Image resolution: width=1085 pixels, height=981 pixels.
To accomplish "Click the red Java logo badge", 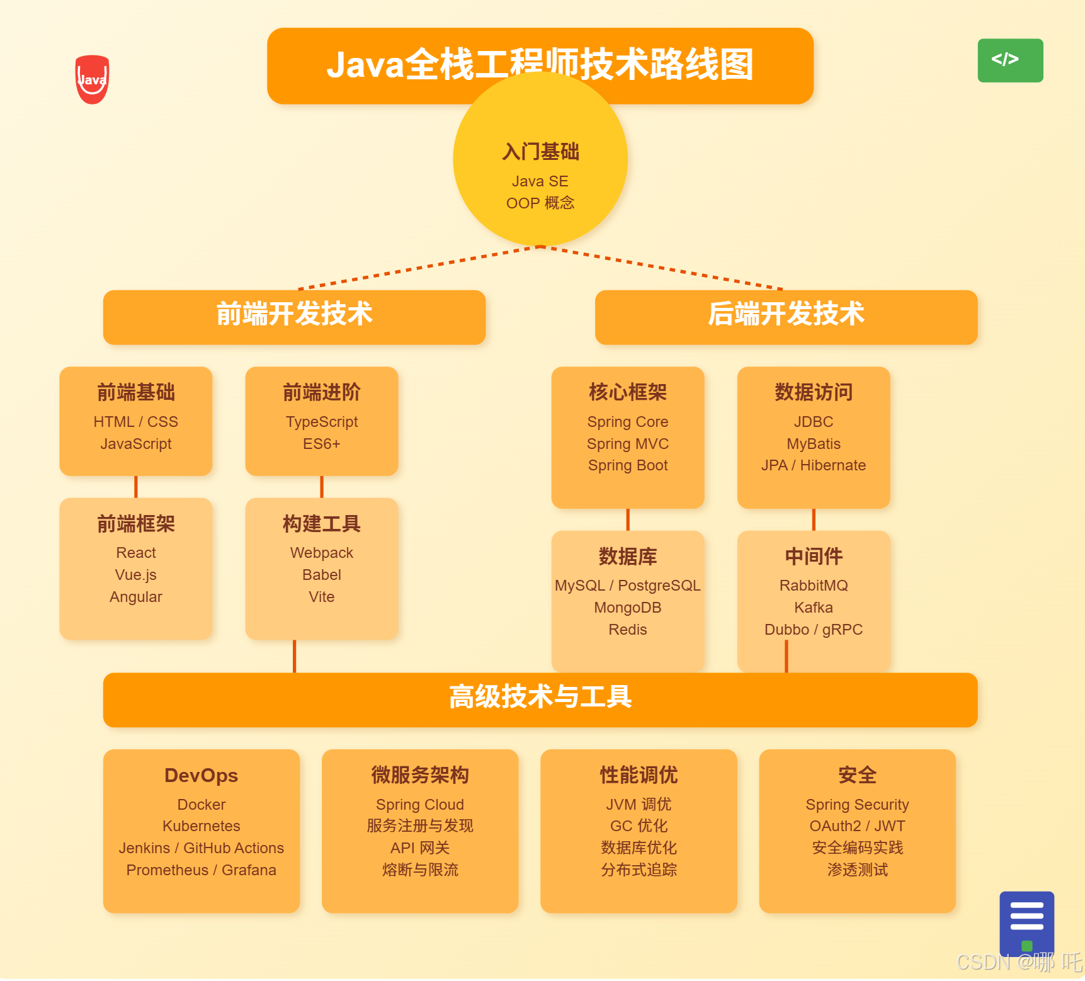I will click(x=92, y=79).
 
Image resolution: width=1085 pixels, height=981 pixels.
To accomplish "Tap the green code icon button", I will click(x=1009, y=60).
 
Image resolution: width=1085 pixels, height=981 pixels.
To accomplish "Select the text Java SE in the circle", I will click(x=540, y=181).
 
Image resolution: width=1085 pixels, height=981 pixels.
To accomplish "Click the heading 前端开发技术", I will click(x=294, y=314).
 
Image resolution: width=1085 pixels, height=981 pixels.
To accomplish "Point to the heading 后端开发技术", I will click(x=786, y=314).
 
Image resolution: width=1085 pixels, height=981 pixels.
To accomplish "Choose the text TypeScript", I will click(x=322, y=422).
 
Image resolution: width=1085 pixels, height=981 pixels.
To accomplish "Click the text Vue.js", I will click(x=136, y=575).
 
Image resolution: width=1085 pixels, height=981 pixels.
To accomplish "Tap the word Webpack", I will click(x=322, y=553).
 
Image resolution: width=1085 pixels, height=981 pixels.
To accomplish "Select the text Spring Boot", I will click(x=628, y=465).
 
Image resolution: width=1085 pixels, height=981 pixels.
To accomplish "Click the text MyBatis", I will click(x=814, y=444).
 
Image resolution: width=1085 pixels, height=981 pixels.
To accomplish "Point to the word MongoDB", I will click(x=628, y=608).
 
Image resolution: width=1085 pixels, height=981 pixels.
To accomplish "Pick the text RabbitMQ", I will click(x=814, y=586).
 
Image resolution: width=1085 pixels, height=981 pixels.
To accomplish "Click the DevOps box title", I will click(x=202, y=775).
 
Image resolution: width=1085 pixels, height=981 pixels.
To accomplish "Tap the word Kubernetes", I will click(x=202, y=826).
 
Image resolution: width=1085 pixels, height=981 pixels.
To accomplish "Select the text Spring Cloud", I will click(x=420, y=805).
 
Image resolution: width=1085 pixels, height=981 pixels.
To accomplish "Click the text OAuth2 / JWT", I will click(x=857, y=826).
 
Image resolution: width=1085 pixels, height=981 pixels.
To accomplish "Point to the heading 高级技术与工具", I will click(x=540, y=697).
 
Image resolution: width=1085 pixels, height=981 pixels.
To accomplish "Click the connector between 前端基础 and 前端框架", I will click(x=136, y=487).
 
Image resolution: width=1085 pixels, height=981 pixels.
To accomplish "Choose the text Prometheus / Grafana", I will click(x=202, y=870).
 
